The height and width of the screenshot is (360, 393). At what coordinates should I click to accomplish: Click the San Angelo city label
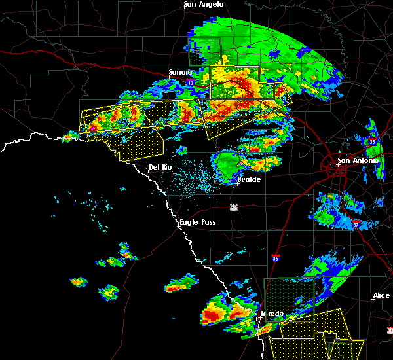point(204,5)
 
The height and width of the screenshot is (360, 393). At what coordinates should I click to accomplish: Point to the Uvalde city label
point(249,179)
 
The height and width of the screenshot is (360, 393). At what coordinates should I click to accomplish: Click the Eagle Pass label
point(198,223)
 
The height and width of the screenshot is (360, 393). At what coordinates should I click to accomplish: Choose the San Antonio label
point(358,161)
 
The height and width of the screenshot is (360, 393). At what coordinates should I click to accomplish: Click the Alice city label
point(381,296)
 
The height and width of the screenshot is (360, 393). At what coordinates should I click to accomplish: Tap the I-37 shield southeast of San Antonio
point(356,225)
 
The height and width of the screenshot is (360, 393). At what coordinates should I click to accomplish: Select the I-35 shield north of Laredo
point(276,258)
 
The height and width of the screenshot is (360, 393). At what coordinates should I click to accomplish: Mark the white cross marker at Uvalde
point(237,183)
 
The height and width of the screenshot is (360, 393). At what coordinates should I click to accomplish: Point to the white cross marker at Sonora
point(170,77)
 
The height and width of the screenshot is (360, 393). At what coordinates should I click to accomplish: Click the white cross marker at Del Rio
point(148,171)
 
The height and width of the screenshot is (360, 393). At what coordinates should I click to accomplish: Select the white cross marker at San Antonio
point(338,165)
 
